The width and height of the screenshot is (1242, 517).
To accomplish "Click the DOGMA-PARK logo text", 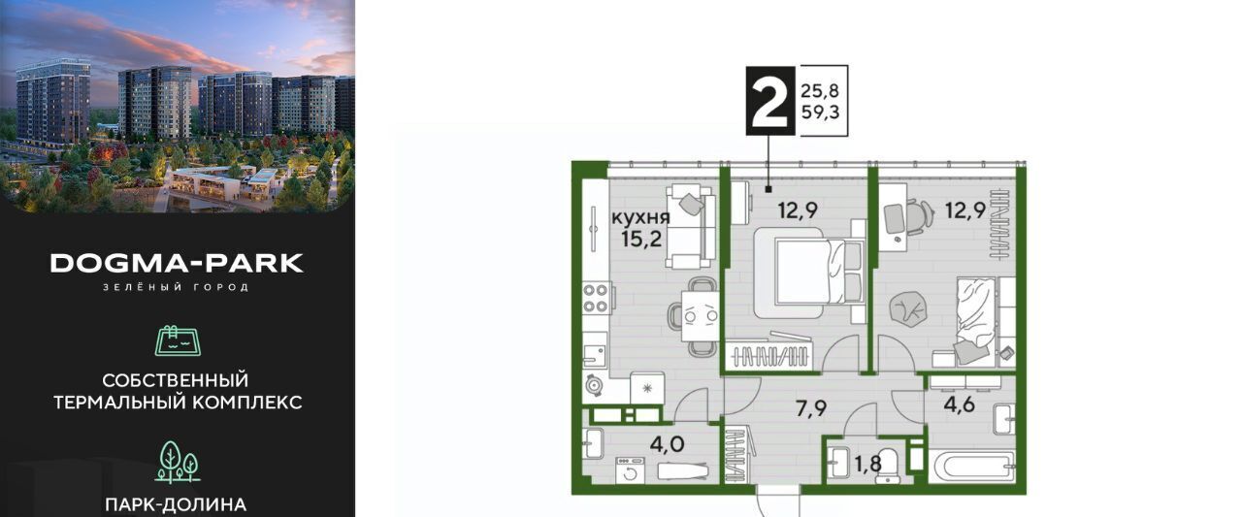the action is coord(177,264).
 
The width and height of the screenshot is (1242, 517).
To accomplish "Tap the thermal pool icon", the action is coord(178,339).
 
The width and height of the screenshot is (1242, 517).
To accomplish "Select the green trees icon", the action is coord(177,461).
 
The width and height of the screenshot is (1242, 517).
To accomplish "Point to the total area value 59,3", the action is coord(820,113).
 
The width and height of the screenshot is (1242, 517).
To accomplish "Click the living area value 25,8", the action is coord(820,91).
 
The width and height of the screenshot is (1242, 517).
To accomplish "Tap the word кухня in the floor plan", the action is coord(640,218).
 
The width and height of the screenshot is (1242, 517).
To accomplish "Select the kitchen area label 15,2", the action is coord(641,240).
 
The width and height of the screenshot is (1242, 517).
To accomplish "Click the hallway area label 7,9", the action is coord(811,409).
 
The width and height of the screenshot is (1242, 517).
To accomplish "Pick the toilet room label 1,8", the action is coord(867,465).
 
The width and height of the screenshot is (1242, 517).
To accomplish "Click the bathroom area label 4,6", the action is coord(960,404).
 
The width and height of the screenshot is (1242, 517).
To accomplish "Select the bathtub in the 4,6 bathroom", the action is coord(972,468).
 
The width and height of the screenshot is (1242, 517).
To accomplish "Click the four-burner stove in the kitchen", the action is coord(597,298).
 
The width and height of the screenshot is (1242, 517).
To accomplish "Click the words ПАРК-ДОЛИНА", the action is coord(176,504).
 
